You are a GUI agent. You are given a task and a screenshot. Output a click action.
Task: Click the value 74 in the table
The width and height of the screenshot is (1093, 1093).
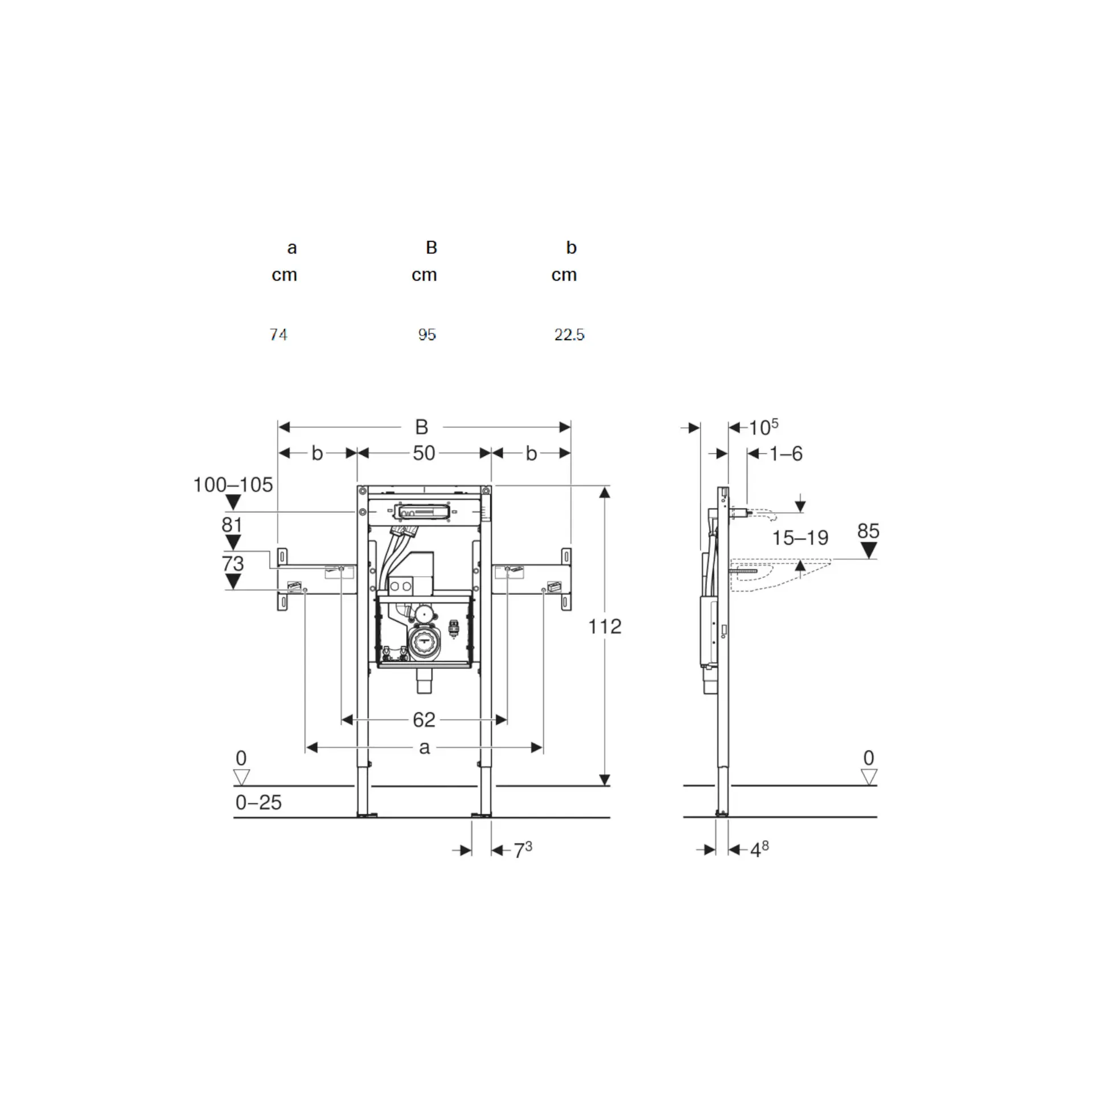278,334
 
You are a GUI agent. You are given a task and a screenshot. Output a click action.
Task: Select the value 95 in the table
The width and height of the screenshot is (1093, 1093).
427,334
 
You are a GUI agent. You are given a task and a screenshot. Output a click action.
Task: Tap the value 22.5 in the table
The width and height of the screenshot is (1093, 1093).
569,334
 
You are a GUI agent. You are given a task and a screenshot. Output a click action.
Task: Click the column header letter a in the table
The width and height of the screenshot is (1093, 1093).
292,248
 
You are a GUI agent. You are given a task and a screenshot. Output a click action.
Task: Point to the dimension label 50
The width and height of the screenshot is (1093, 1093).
424,453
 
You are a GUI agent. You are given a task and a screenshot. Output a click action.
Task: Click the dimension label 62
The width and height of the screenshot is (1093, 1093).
424,720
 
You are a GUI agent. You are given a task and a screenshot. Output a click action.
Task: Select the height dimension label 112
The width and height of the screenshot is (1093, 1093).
605,626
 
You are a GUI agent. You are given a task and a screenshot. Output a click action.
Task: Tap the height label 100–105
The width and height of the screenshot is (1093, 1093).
233,485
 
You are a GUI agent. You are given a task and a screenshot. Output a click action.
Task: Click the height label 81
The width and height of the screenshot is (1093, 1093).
232,524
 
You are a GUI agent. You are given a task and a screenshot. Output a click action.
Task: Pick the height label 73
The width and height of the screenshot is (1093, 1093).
232,564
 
